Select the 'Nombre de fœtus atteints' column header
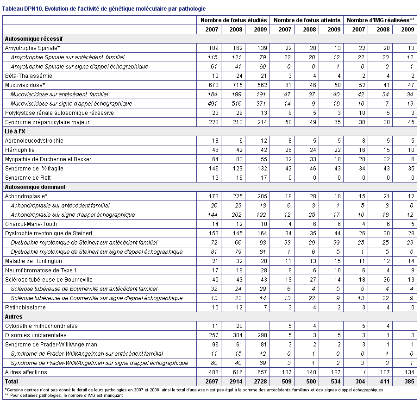click(307, 20)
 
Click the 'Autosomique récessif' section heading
click(34, 39)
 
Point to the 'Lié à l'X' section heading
click(15, 132)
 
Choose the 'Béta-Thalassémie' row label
click(29, 76)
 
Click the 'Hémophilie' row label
click(20, 150)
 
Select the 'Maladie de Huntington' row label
click(33, 261)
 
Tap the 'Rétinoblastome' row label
click(25, 308)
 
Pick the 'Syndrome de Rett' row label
click(28, 178)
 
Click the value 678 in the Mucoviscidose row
click(214, 85)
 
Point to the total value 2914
click(236, 381)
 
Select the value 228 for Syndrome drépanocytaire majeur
click(214, 122)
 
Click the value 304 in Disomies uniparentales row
click(238, 335)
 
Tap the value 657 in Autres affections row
click(262, 372)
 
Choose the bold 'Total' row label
click(12, 381)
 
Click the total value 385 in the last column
click(409, 381)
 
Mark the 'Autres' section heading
click(14, 317)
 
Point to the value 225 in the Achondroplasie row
click(238, 196)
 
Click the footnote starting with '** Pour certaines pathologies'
click(64, 396)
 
